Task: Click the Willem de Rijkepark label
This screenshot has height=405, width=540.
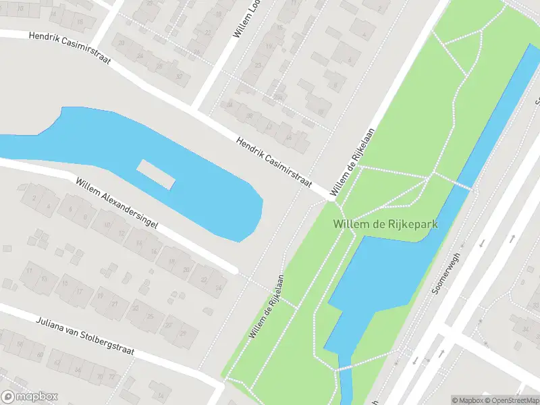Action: click(385, 223)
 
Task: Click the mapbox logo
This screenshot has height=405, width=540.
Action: click(30, 397)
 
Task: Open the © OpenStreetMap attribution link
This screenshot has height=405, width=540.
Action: click(514, 400)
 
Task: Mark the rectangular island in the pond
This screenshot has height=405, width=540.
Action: click(157, 175)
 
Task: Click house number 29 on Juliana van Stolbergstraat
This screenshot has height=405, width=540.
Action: click(183, 333)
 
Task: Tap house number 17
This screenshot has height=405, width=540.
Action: click(80, 292)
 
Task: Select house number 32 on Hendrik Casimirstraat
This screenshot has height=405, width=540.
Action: click(179, 76)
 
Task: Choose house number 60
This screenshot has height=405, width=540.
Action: click(40, 355)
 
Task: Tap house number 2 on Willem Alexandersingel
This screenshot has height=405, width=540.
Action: click(33, 197)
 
